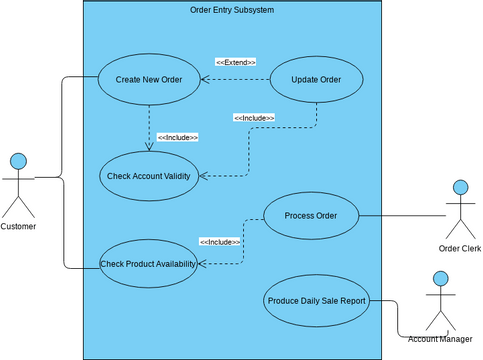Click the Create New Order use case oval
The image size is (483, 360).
(x=148, y=80)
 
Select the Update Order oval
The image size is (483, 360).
(x=317, y=80)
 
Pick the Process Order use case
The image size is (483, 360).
(x=310, y=215)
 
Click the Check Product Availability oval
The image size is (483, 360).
(x=148, y=264)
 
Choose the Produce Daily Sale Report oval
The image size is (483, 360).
(x=316, y=299)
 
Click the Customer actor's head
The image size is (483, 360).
(x=18, y=160)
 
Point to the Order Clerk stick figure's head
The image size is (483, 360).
(x=460, y=187)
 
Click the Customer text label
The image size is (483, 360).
(x=18, y=227)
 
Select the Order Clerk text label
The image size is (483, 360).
(x=460, y=249)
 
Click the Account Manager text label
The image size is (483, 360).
(x=440, y=340)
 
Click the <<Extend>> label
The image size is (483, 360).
(x=235, y=62)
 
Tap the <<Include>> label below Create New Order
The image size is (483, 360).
(x=177, y=137)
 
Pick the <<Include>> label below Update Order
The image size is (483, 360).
(x=254, y=118)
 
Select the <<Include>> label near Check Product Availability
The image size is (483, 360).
(x=220, y=242)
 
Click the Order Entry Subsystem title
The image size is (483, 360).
(x=231, y=10)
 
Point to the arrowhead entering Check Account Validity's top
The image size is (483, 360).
(x=148, y=146)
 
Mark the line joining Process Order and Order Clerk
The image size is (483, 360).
(x=400, y=215)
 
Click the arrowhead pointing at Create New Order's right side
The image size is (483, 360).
(x=204, y=80)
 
